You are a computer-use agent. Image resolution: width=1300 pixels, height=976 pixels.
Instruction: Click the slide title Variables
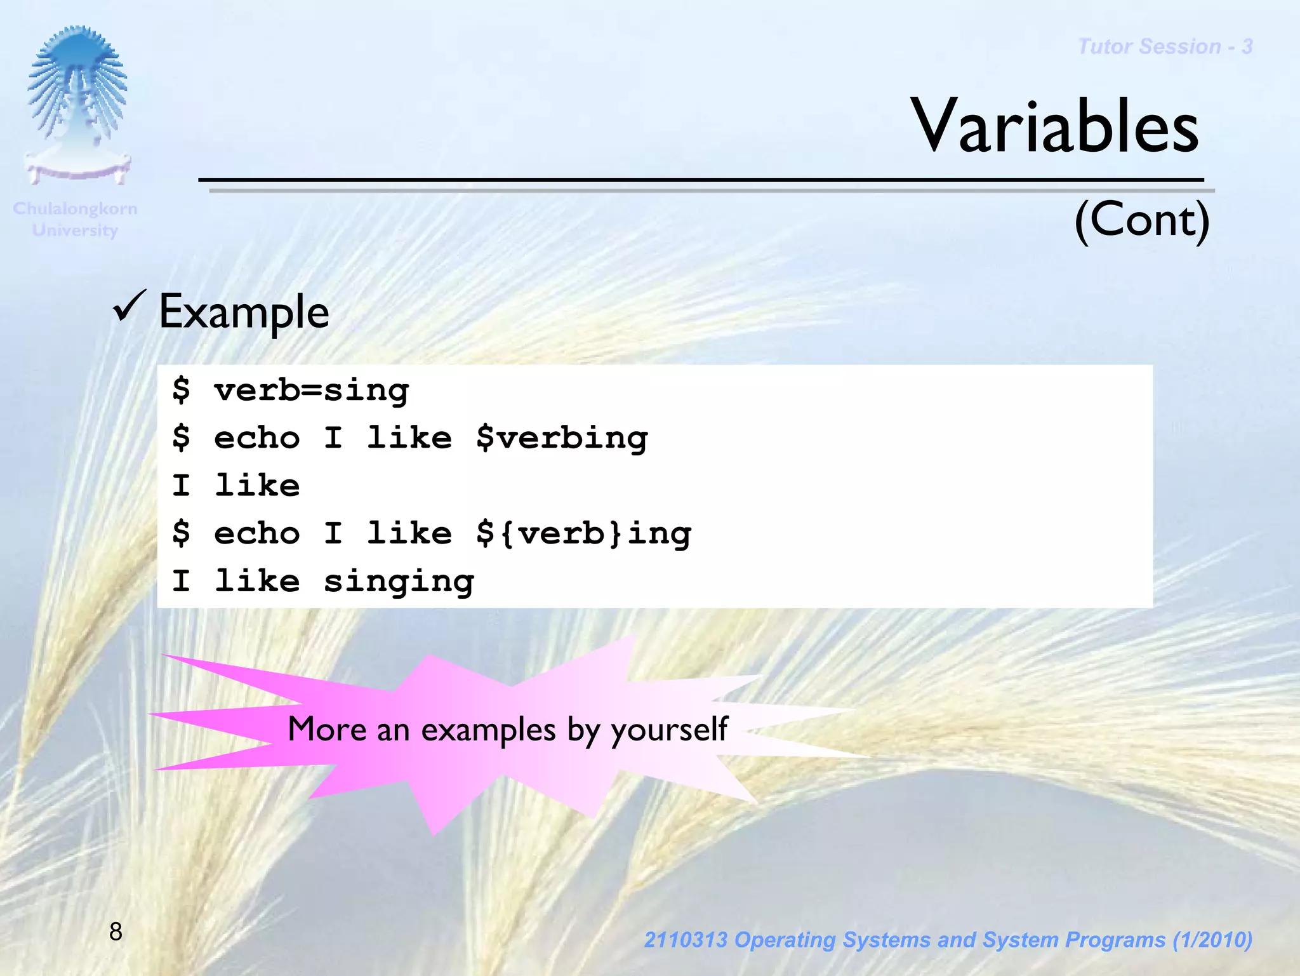(x=1054, y=126)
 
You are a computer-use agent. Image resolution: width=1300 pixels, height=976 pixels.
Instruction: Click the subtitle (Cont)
(x=1141, y=220)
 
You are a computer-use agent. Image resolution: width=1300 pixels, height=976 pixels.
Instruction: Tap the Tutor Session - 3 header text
(x=1165, y=46)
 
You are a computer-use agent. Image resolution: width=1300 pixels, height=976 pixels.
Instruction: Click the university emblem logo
(x=77, y=105)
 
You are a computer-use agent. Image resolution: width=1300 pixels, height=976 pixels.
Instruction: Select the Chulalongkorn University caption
(x=75, y=219)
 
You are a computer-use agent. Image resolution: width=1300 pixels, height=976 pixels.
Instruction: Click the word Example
(x=244, y=312)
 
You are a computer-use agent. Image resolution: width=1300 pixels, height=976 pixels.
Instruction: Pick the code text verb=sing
(x=311, y=390)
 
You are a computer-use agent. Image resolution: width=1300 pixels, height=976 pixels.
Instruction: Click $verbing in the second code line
(x=562, y=438)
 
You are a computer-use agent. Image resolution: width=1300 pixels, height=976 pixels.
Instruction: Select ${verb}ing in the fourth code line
(x=583, y=533)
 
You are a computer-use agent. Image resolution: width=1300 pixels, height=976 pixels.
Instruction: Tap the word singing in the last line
(x=399, y=582)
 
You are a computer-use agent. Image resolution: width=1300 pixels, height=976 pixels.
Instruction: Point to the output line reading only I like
(x=235, y=486)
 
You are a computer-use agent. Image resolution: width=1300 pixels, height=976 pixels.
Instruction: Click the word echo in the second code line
(x=256, y=438)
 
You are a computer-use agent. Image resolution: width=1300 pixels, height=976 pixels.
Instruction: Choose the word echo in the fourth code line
(x=256, y=533)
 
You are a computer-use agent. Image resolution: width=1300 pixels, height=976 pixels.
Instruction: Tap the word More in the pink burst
(x=327, y=728)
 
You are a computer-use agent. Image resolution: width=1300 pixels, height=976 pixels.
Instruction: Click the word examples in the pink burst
(x=488, y=730)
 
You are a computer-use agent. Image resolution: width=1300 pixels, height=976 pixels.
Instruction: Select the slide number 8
(x=116, y=932)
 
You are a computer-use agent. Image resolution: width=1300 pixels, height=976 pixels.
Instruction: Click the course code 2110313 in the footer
(x=685, y=940)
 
